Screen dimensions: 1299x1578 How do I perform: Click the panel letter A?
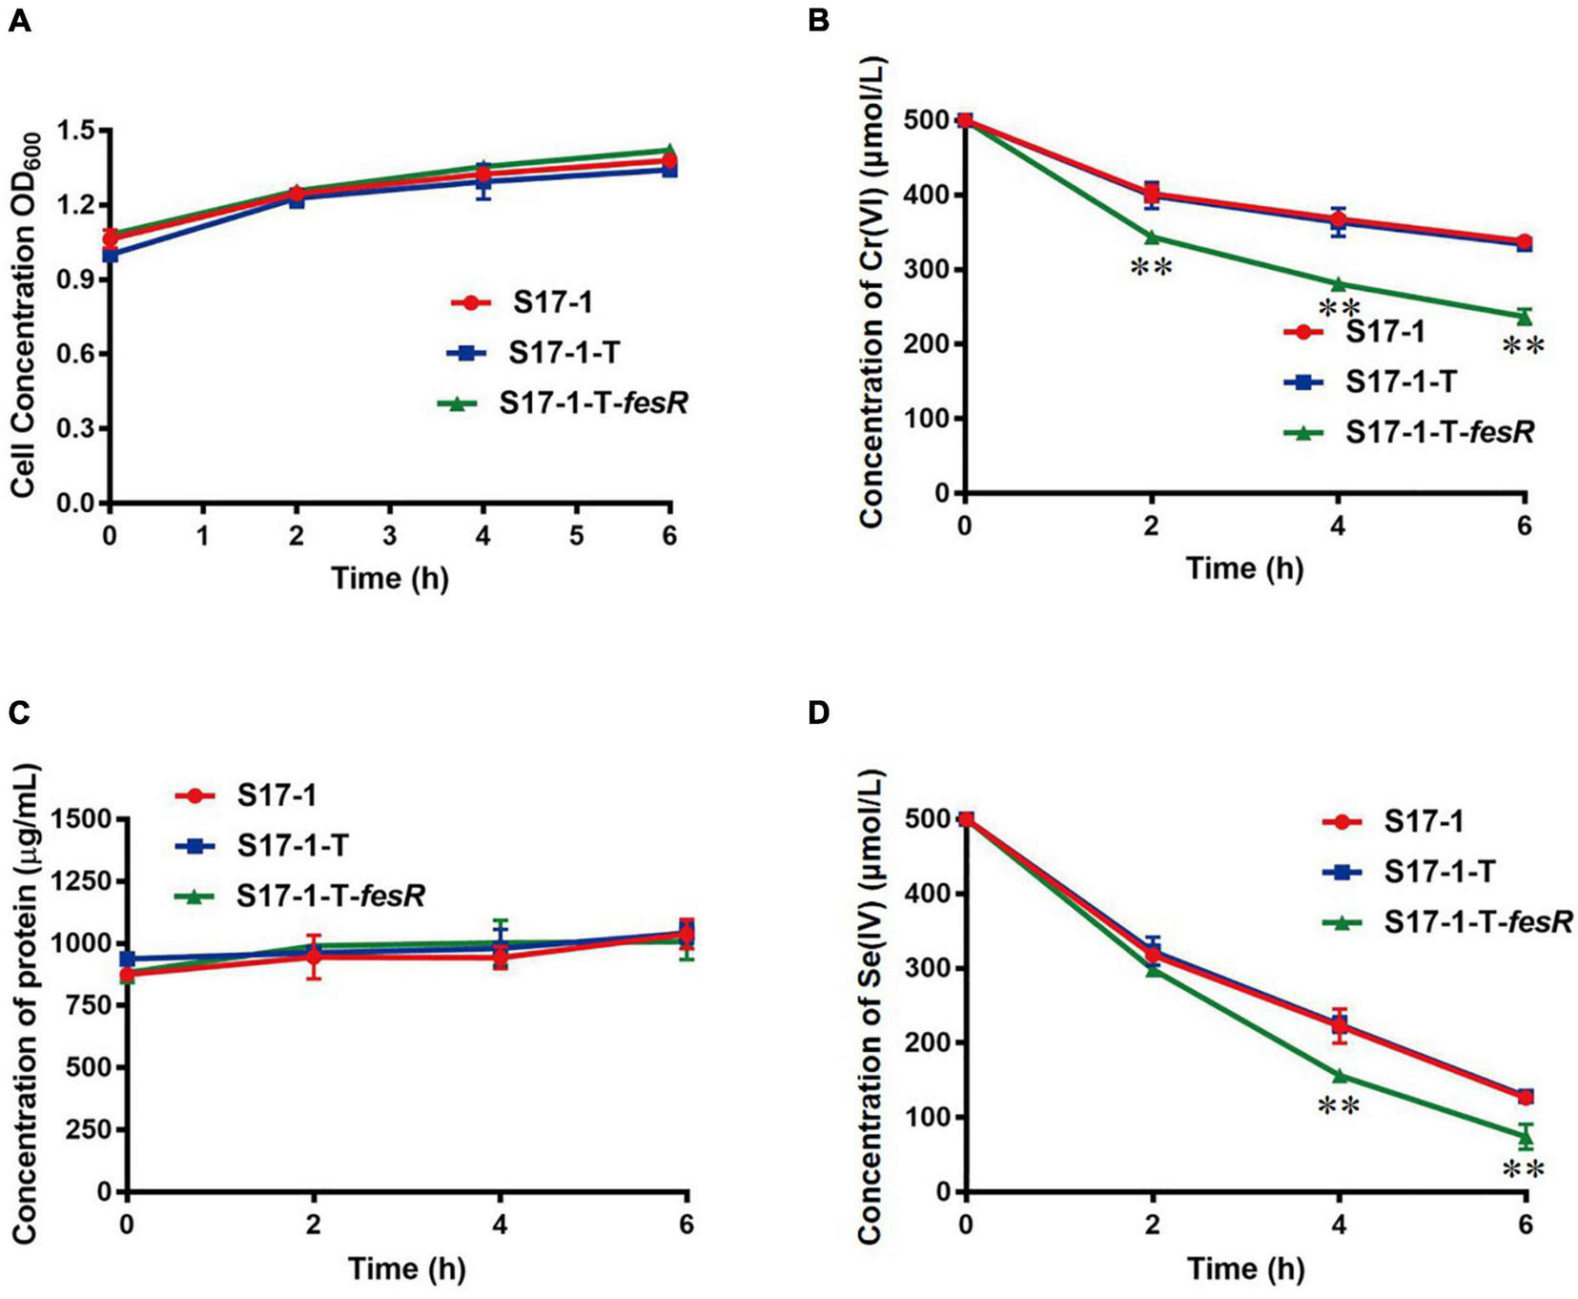coord(19,20)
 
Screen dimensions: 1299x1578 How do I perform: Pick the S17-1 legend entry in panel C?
coord(277,795)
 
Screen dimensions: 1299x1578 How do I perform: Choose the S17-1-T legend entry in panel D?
coord(1439,871)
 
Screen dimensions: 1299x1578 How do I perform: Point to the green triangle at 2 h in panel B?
coord(1153,237)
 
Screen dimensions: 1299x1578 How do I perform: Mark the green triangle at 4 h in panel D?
coord(1340,1075)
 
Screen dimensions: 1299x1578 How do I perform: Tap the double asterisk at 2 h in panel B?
coord(1151,268)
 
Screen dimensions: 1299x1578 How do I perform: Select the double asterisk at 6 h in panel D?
coord(1523,1170)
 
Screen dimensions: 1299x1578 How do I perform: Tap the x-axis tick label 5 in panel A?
coord(576,536)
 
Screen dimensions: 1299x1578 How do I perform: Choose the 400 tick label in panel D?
coord(927,894)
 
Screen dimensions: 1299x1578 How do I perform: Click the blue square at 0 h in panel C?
coord(127,959)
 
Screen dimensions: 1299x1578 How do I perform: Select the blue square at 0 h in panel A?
coord(111,255)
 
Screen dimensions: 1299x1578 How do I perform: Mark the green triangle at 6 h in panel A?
coord(669,151)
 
